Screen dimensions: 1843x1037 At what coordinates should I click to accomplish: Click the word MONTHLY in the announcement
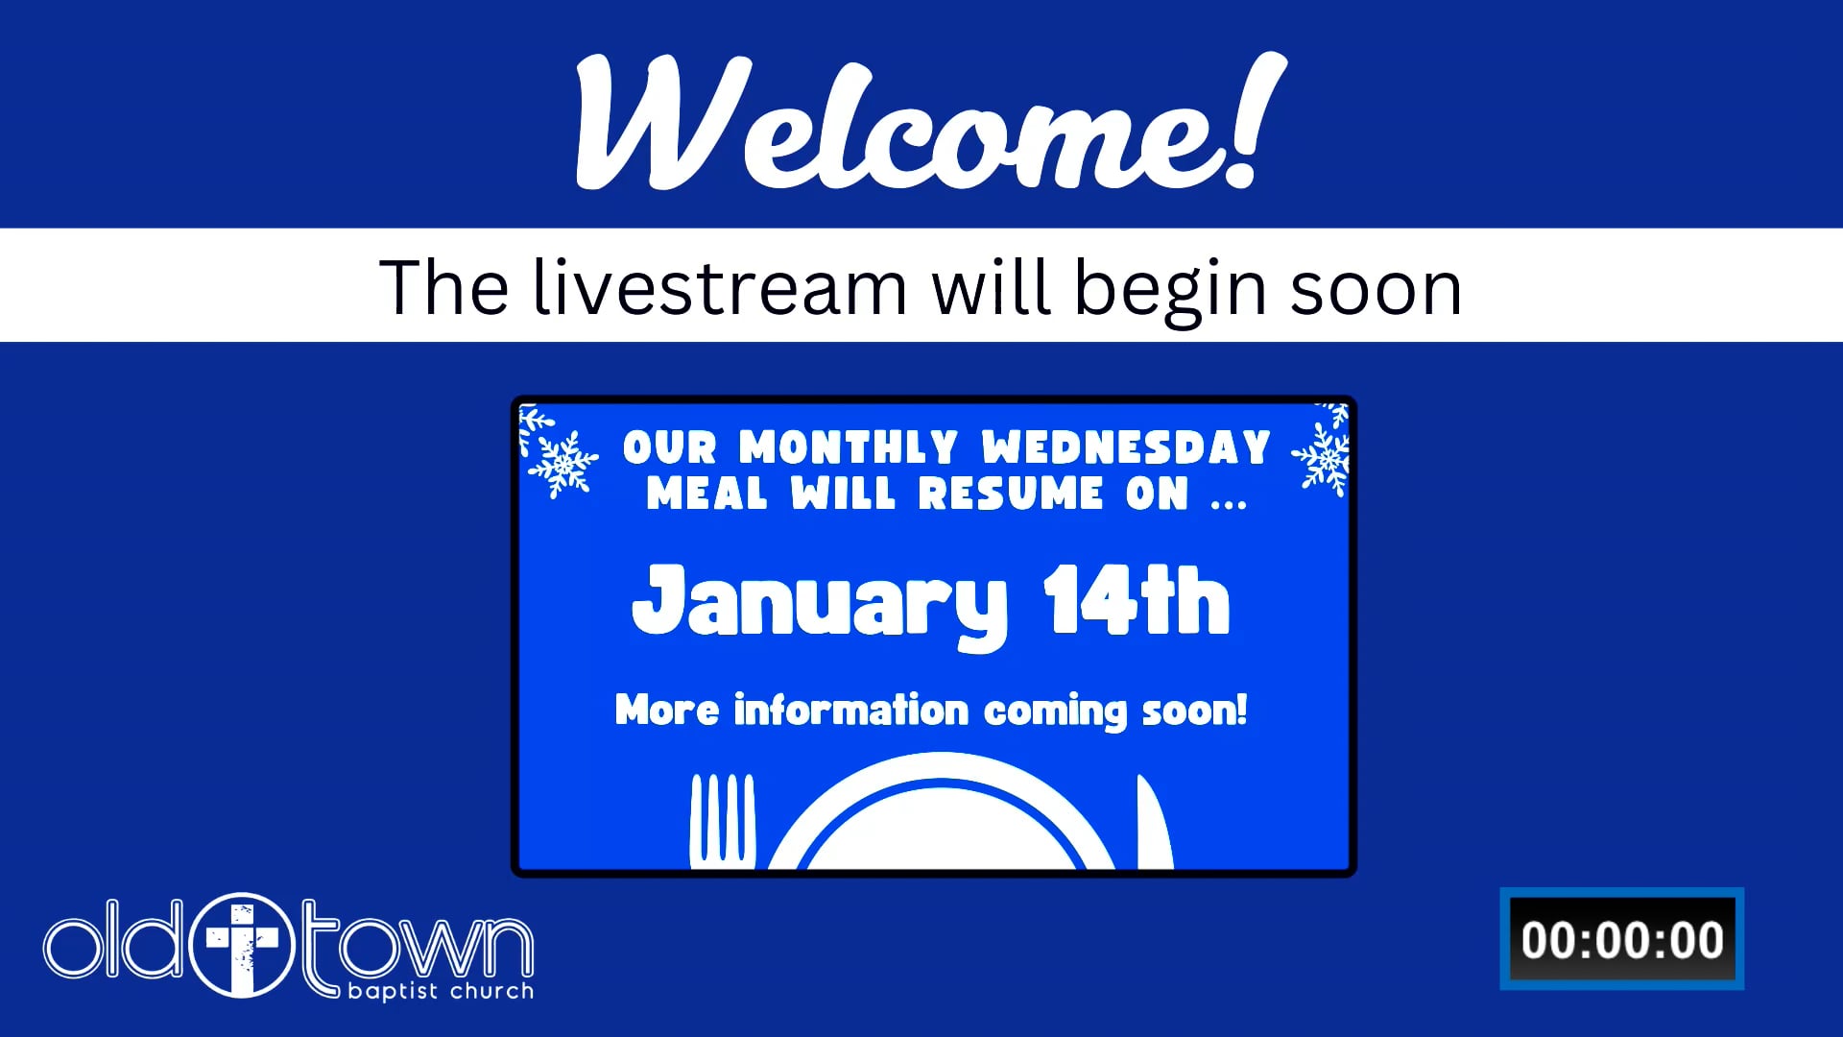tap(849, 447)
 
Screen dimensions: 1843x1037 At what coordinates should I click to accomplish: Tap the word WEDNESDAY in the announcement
tap(1126, 447)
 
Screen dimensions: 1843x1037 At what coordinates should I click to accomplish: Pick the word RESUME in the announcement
tap(1011, 494)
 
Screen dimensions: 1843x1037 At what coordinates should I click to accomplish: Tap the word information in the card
tap(851, 710)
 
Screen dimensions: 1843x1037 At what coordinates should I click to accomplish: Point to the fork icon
tap(722, 821)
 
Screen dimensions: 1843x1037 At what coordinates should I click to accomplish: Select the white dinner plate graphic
tap(942, 812)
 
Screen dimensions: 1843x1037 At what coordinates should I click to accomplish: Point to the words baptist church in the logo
tap(441, 991)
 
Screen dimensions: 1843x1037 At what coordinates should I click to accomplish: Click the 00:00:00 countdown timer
tap(1622, 939)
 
